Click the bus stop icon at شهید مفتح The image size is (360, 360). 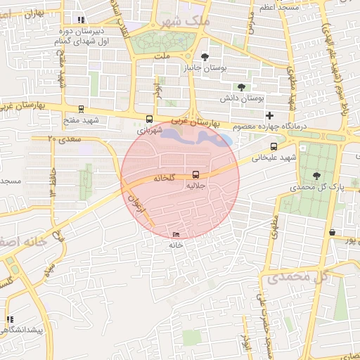[x=82, y=109]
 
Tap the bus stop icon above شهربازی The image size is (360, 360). [x=148, y=119]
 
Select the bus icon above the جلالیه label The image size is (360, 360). [x=195, y=174]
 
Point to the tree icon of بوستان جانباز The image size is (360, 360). [x=205, y=57]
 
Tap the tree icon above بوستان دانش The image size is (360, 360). [x=241, y=87]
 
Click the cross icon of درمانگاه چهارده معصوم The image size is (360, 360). [x=269, y=115]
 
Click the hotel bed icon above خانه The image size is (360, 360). [x=176, y=234]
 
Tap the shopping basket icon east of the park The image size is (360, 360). [x=331, y=232]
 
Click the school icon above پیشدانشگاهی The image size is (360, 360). [x=10, y=319]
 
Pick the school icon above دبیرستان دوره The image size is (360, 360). [x=82, y=20]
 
